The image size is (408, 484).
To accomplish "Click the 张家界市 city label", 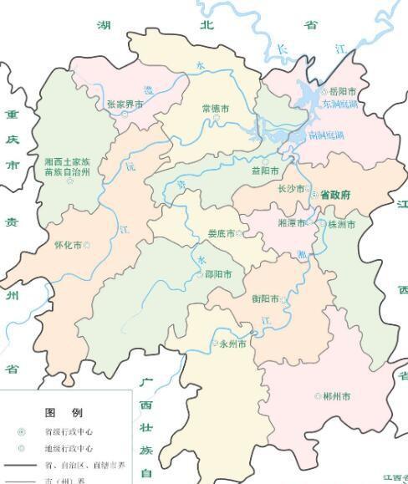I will coord(125,104).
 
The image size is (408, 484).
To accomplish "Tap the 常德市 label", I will coord(216,109).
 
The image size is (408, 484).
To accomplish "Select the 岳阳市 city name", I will coord(344,91).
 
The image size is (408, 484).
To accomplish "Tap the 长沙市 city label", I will coord(292,189).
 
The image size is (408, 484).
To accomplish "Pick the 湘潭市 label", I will coord(291,225).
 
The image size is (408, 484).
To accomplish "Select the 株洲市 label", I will coord(341,225).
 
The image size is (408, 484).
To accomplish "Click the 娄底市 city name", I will coord(222,233).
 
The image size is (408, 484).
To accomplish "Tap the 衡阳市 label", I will coord(265,298).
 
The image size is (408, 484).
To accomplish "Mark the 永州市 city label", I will coord(232,344).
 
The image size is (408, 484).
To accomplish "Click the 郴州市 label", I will coord(335,395).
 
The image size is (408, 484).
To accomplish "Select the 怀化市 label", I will coord(68,245).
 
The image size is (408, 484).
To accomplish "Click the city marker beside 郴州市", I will coord(317,395).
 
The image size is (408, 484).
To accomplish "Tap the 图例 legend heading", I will coord(64,413).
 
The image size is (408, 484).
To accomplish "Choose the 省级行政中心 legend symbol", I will coord(22,432).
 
